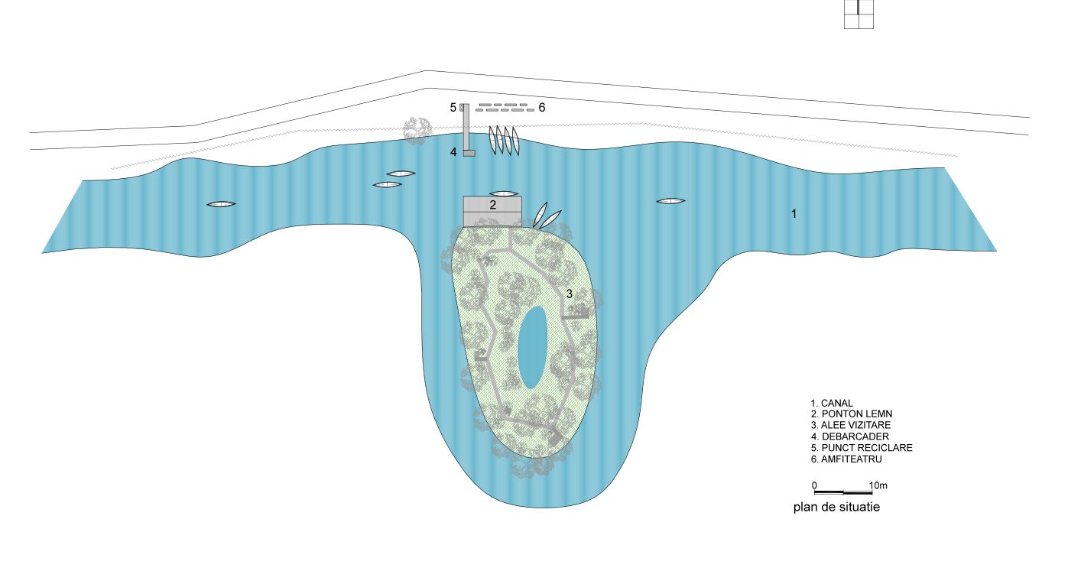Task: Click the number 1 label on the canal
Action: click(x=794, y=214)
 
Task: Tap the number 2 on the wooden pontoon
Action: click(x=493, y=205)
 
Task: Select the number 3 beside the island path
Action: click(x=570, y=294)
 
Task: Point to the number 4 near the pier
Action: click(x=453, y=152)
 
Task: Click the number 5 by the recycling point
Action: click(x=453, y=108)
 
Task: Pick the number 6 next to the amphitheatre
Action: click(x=541, y=108)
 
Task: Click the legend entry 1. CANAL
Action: click(x=832, y=404)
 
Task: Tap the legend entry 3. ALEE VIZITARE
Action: click(x=851, y=425)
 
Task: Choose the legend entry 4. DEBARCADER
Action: click(x=850, y=436)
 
